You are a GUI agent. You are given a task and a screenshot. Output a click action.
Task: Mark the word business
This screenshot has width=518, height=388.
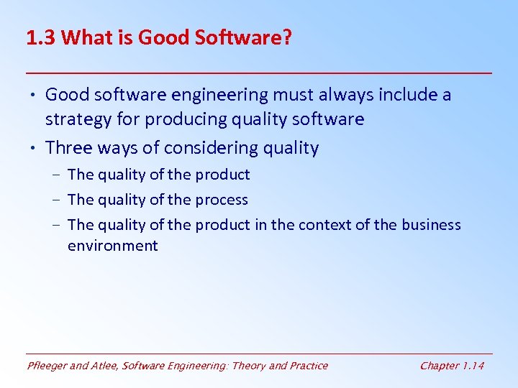click(x=431, y=225)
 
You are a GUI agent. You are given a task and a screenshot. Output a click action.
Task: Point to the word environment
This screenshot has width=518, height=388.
click(x=112, y=246)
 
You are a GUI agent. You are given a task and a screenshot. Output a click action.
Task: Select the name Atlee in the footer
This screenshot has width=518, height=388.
click(x=103, y=366)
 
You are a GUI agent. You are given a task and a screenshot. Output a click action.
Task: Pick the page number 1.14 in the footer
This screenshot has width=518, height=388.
click(x=473, y=366)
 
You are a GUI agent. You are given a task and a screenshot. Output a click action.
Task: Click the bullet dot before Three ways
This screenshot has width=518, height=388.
click(x=35, y=148)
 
